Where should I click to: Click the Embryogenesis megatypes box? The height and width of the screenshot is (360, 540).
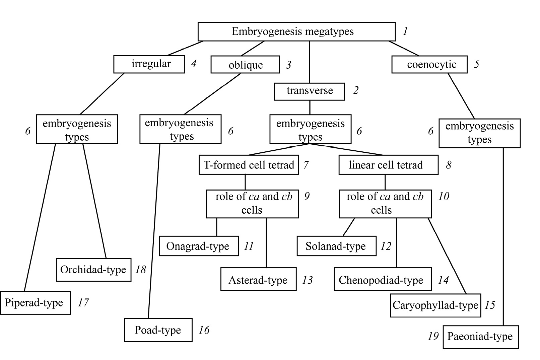(x=296, y=32)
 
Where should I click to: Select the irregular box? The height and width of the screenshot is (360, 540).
(x=149, y=64)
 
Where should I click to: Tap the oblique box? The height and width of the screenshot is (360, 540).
(x=245, y=65)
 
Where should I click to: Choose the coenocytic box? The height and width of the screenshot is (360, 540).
(x=429, y=64)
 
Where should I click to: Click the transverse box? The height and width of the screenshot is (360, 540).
(x=309, y=91)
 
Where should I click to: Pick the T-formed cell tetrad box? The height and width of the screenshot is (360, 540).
(x=249, y=165)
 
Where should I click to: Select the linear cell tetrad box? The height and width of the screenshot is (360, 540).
(x=388, y=165)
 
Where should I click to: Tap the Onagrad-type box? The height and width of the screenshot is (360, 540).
(x=199, y=246)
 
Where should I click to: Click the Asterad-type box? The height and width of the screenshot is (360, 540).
(x=258, y=279)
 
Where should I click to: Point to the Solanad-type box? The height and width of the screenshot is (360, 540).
(x=336, y=246)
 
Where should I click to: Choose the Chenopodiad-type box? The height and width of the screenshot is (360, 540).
(x=383, y=279)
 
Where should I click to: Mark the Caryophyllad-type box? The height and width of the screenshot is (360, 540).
(x=435, y=305)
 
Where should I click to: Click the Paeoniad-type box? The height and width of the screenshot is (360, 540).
(x=481, y=337)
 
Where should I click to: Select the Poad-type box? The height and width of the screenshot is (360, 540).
(x=158, y=330)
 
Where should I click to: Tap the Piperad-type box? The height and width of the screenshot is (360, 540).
(x=35, y=303)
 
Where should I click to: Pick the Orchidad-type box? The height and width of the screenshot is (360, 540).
(x=93, y=270)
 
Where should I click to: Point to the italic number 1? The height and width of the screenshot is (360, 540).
(x=405, y=31)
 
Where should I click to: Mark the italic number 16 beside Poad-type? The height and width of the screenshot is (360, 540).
(x=204, y=330)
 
